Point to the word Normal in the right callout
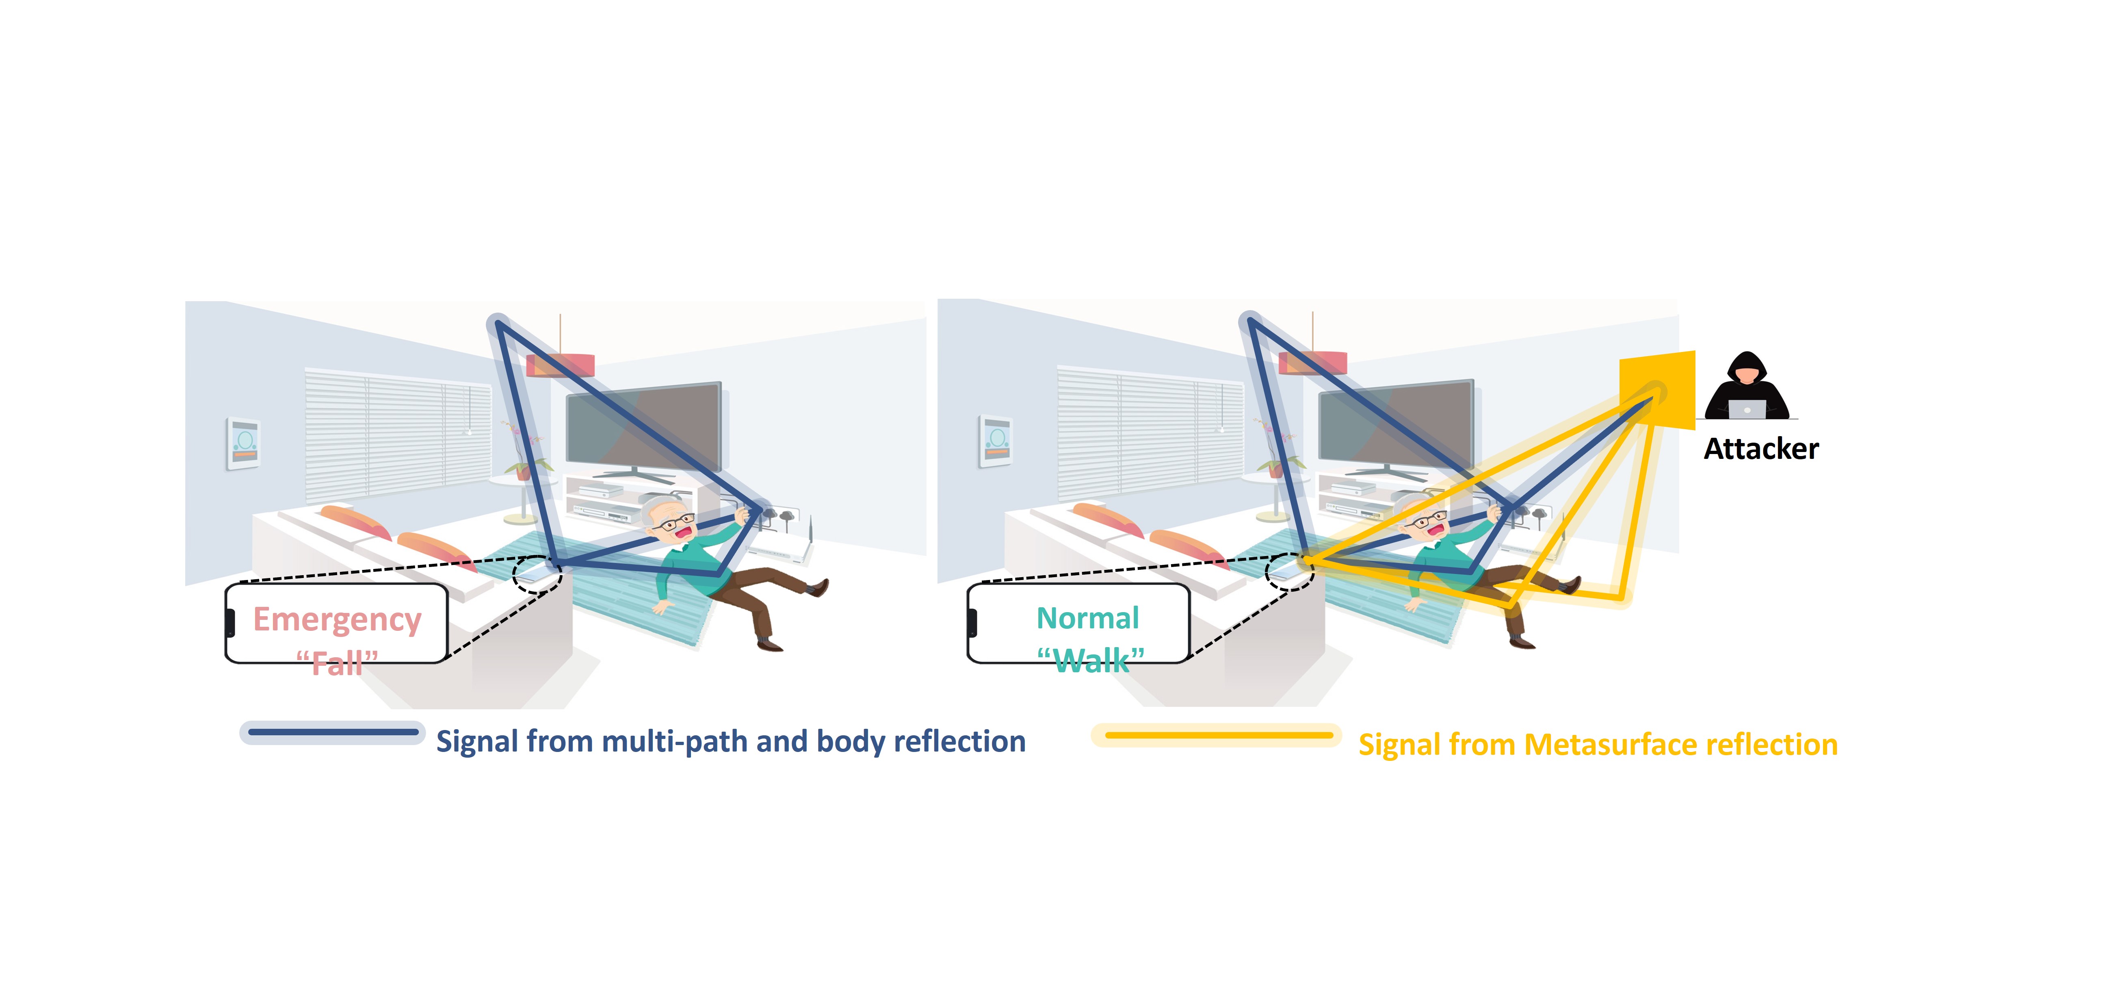1087,618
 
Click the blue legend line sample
333,732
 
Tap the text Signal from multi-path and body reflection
730,741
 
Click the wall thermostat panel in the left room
243,443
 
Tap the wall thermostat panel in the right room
996,442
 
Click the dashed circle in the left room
537,574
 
